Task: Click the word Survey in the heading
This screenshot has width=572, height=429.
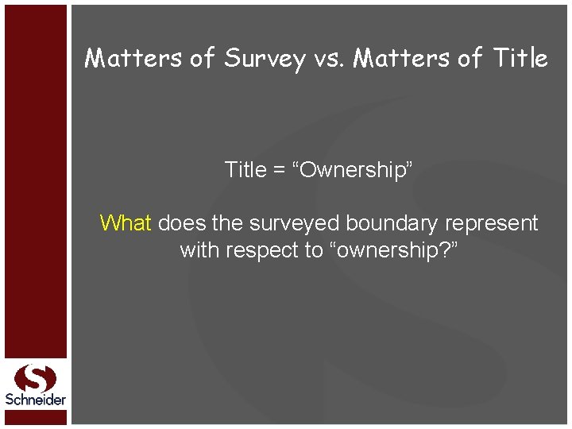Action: click(265, 59)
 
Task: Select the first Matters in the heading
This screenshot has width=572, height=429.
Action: click(133, 58)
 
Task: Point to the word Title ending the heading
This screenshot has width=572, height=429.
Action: click(520, 58)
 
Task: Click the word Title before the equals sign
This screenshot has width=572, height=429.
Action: click(245, 170)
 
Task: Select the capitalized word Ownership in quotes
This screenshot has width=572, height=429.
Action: click(355, 171)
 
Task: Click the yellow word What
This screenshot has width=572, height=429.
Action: click(126, 223)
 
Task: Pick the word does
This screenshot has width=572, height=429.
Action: click(182, 223)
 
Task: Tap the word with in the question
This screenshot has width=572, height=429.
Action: click(199, 250)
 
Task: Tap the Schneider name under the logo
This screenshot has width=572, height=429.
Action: click(35, 400)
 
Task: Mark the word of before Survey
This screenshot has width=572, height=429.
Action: click(202, 58)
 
